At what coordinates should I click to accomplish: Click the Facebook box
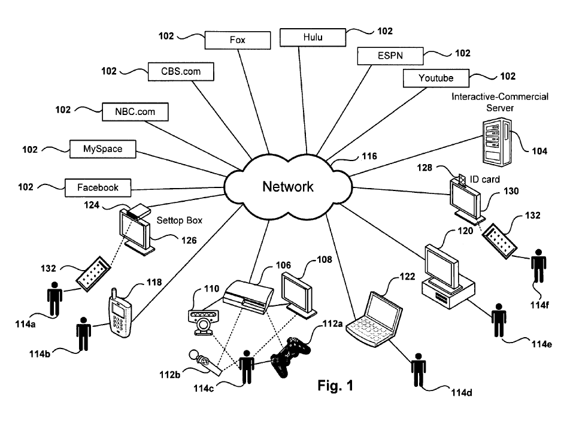pos(98,187)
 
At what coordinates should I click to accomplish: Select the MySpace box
pos(102,149)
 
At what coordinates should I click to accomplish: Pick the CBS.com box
pos(181,72)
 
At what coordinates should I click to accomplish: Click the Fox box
pos(237,41)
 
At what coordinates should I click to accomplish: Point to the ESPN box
pos(390,56)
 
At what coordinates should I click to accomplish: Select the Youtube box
pos(436,78)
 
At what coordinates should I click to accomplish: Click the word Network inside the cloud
pos(288,186)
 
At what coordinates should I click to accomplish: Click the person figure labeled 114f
pos(539,266)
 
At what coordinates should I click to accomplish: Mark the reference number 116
pos(369,157)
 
